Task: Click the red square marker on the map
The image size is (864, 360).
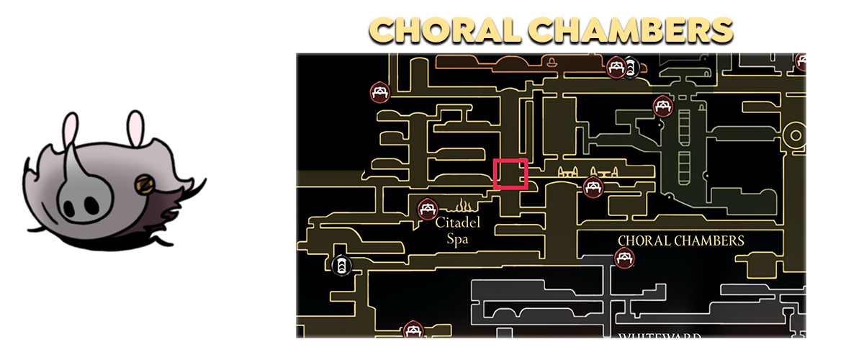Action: tap(510, 174)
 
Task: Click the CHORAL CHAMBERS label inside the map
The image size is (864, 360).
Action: tap(680, 240)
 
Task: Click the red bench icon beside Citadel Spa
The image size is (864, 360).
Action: tap(427, 210)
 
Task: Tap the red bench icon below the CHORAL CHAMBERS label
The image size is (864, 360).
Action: tap(624, 256)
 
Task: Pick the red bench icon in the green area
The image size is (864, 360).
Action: tap(662, 107)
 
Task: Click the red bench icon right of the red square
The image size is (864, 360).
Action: tap(593, 187)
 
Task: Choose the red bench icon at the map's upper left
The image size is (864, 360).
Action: tap(380, 91)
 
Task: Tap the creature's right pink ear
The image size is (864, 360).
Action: tap(135, 129)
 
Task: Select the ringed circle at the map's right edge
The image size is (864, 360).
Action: tap(796, 134)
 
